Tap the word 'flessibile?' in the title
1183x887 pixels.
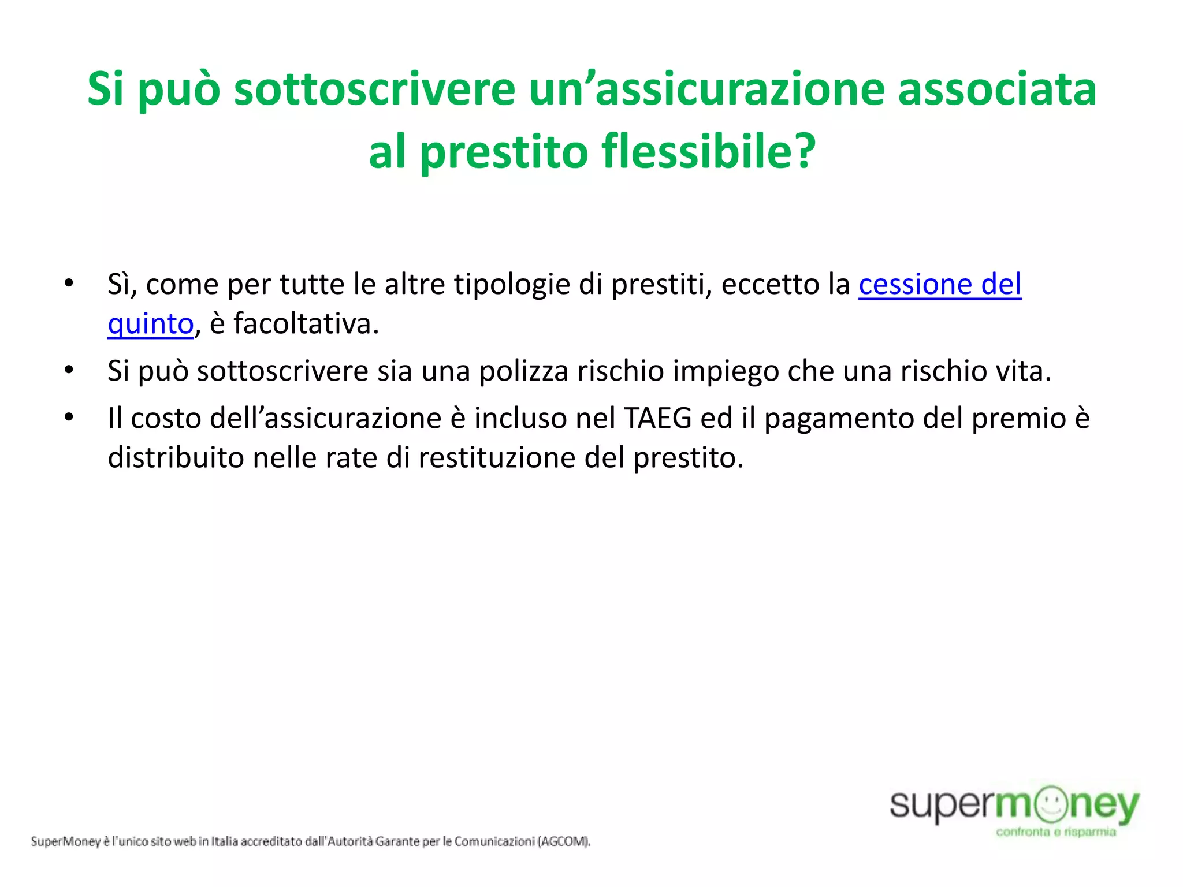pyautogui.click(x=708, y=151)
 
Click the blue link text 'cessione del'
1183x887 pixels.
pyautogui.click(x=940, y=285)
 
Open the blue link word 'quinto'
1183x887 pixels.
pyautogui.click(x=150, y=324)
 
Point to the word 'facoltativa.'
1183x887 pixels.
pyautogui.click(x=306, y=323)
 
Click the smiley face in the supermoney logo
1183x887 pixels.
pyautogui.click(x=1051, y=804)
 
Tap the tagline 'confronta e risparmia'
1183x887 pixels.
pyautogui.click(x=1056, y=832)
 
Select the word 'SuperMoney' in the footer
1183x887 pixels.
pyautogui.click(x=66, y=841)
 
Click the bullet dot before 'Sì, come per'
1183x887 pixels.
pyautogui.click(x=69, y=284)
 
